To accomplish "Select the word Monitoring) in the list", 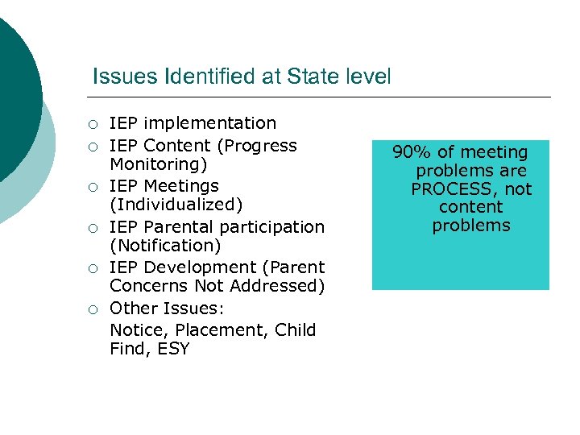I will click(x=159, y=164).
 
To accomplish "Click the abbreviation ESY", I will click(x=174, y=349).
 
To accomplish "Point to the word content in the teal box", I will click(x=471, y=207).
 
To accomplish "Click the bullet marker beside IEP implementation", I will click(x=93, y=124).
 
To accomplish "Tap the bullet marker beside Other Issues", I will click(x=93, y=309).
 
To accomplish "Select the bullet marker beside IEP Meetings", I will click(x=93, y=187).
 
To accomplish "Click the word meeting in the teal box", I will click(x=495, y=152).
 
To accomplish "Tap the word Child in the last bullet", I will click(x=296, y=330).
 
